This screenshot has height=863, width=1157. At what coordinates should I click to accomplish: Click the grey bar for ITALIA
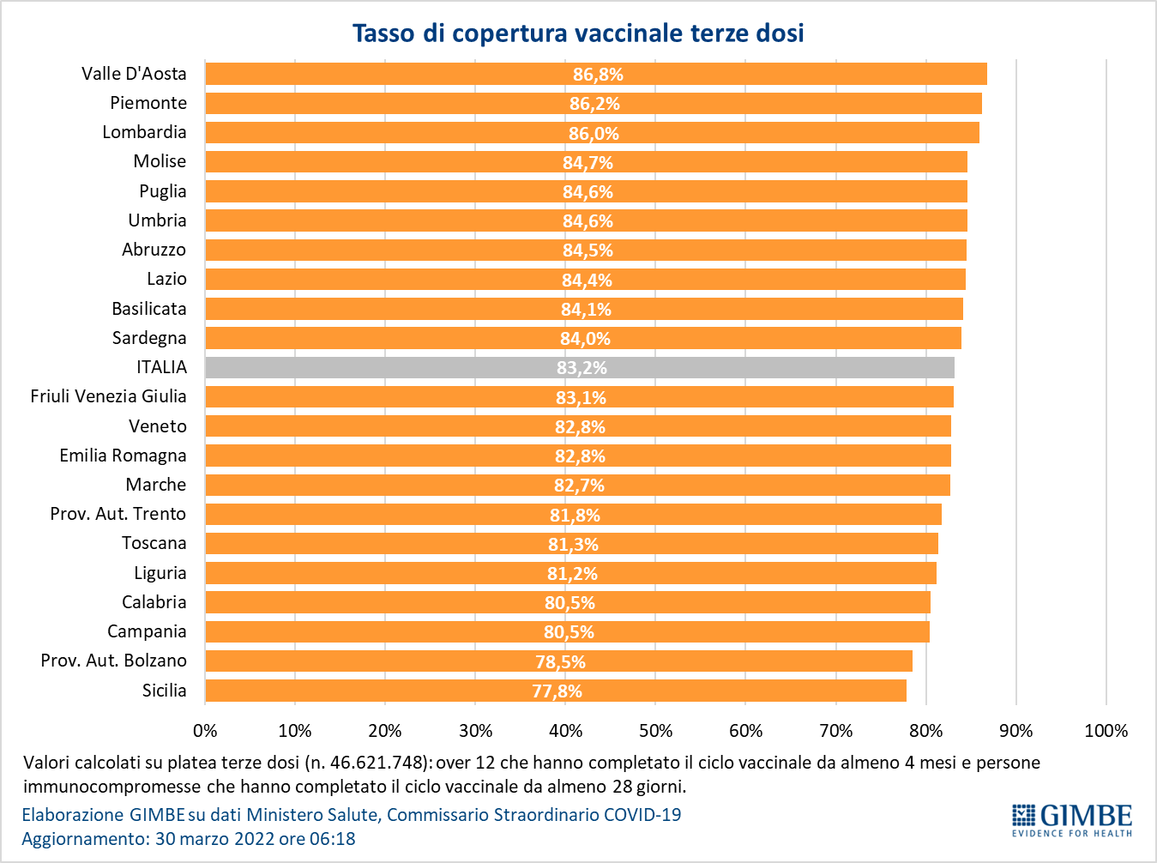click(x=579, y=367)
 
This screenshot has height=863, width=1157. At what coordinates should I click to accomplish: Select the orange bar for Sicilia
click(x=556, y=691)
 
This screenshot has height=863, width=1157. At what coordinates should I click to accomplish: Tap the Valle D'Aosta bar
click(x=596, y=74)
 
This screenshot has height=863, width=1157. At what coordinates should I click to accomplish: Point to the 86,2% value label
click(x=594, y=104)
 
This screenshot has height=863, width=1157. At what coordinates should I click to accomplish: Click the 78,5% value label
click(x=560, y=661)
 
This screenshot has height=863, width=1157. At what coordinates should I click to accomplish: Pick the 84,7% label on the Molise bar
click(x=588, y=163)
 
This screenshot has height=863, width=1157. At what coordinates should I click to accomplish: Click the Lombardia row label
click(x=144, y=132)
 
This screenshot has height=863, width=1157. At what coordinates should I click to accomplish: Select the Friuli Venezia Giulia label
click(x=108, y=396)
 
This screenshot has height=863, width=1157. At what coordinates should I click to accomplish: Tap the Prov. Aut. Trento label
click(x=118, y=514)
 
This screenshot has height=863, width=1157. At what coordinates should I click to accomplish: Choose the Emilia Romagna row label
click(x=123, y=456)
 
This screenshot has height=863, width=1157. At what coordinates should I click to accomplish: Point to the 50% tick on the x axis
click(x=656, y=731)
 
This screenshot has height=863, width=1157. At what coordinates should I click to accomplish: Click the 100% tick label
click(x=1106, y=731)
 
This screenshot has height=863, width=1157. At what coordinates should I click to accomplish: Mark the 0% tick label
click(x=205, y=731)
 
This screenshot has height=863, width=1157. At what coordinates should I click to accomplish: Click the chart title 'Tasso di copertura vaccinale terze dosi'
click(x=578, y=33)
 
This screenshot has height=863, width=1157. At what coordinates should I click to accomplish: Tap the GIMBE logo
click(x=1071, y=821)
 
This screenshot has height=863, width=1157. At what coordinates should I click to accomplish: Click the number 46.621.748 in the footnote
click(x=377, y=763)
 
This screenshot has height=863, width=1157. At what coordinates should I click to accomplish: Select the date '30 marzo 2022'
click(x=215, y=839)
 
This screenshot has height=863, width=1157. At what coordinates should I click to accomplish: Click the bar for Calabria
click(x=568, y=602)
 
